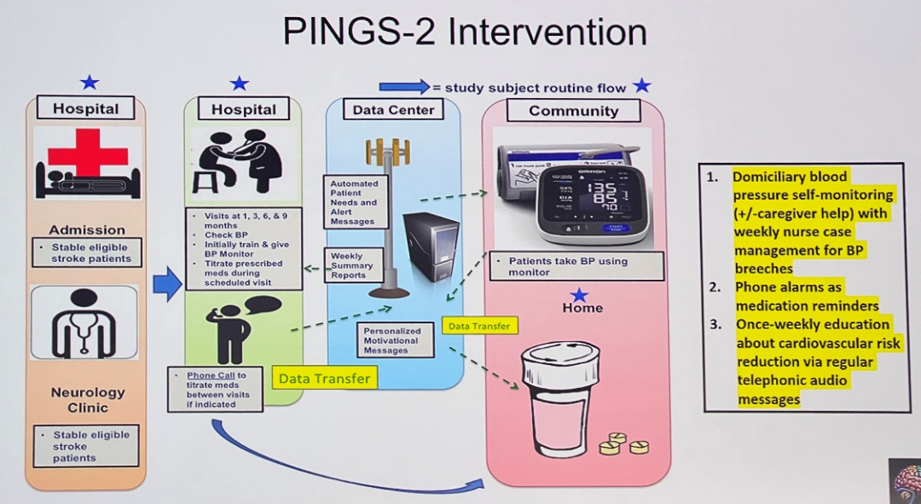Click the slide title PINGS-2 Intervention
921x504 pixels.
pyautogui.click(x=464, y=32)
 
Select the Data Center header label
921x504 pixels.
pyautogui.click(x=393, y=110)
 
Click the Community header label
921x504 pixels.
pyautogui.click(x=573, y=111)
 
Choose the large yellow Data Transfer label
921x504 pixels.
pyautogui.click(x=325, y=378)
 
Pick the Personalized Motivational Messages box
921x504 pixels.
pyautogui.click(x=397, y=339)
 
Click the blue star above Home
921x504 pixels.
pyautogui.click(x=579, y=295)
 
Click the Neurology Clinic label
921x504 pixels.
pyautogui.click(x=87, y=400)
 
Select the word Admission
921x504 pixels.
pyautogui.click(x=87, y=229)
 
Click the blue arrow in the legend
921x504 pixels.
pyautogui.click(x=404, y=86)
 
